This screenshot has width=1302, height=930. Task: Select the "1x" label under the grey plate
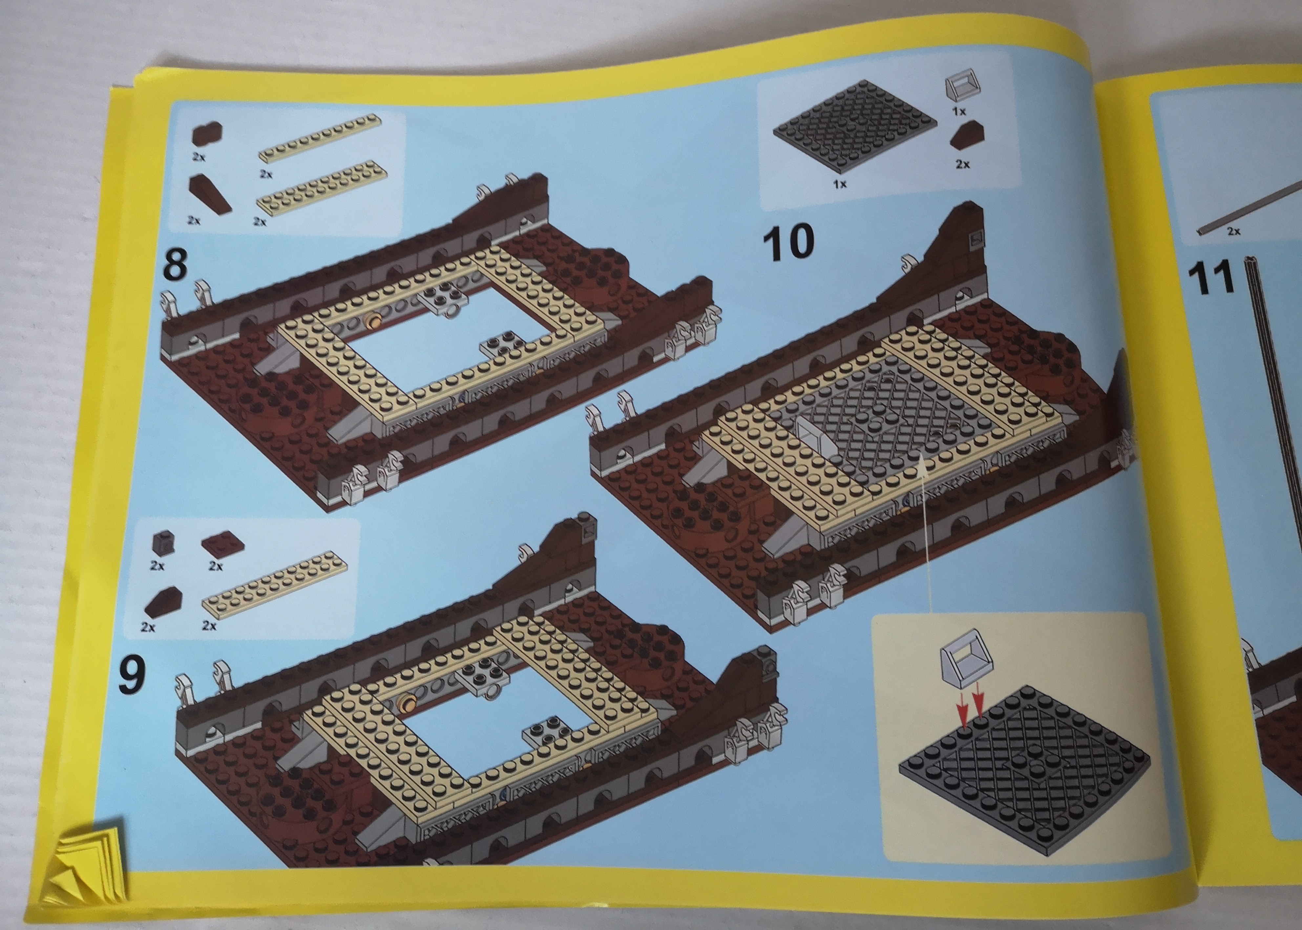840,184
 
